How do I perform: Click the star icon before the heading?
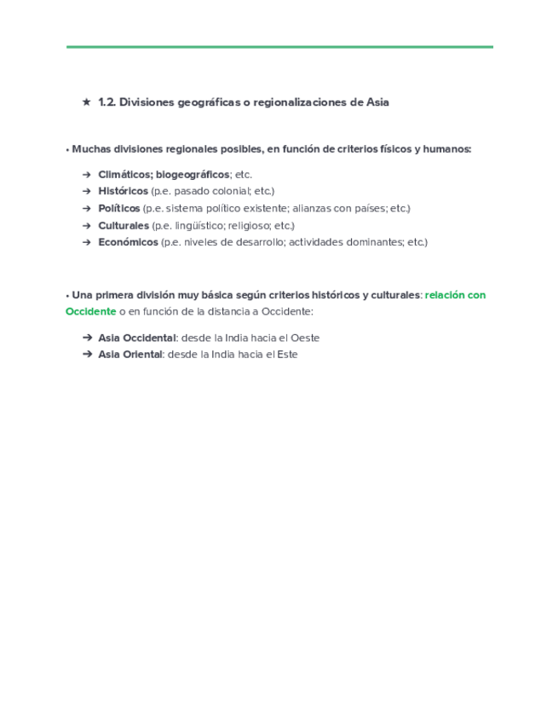click(x=86, y=102)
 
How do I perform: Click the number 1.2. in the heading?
click(x=106, y=102)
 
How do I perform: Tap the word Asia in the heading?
click(x=377, y=102)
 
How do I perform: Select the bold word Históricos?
click(x=123, y=191)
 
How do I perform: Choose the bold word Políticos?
click(x=119, y=208)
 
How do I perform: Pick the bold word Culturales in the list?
click(x=124, y=225)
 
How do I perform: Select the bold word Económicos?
click(x=128, y=242)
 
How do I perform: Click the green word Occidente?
click(x=90, y=311)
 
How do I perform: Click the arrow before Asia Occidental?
click(x=87, y=338)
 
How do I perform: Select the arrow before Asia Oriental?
click(x=87, y=355)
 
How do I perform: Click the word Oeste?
click(x=305, y=338)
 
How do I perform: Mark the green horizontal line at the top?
click(x=279, y=47)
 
